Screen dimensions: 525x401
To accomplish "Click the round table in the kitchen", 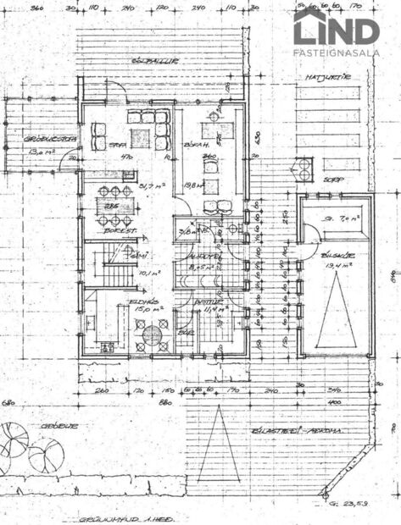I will (x=153, y=334).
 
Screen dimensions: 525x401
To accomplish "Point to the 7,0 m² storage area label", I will (x=340, y=218).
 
